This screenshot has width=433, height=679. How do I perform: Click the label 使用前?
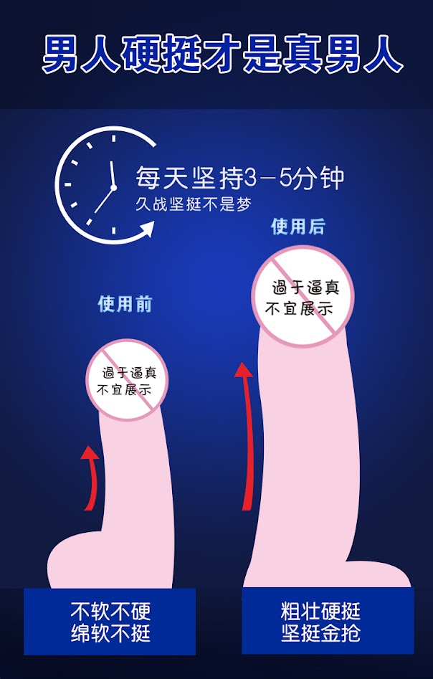click(x=125, y=304)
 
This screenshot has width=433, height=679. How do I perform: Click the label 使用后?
click(x=298, y=227)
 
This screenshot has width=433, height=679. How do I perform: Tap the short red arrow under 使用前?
click(x=90, y=478)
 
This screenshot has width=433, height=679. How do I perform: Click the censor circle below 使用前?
click(x=128, y=381)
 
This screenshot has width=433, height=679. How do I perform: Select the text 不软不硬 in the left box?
click(x=110, y=612)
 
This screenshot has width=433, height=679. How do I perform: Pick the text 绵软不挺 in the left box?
click(x=110, y=633)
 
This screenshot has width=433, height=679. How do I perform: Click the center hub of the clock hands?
click(x=113, y=188)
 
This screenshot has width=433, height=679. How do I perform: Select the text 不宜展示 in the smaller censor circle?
click(x=125, y=391)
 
